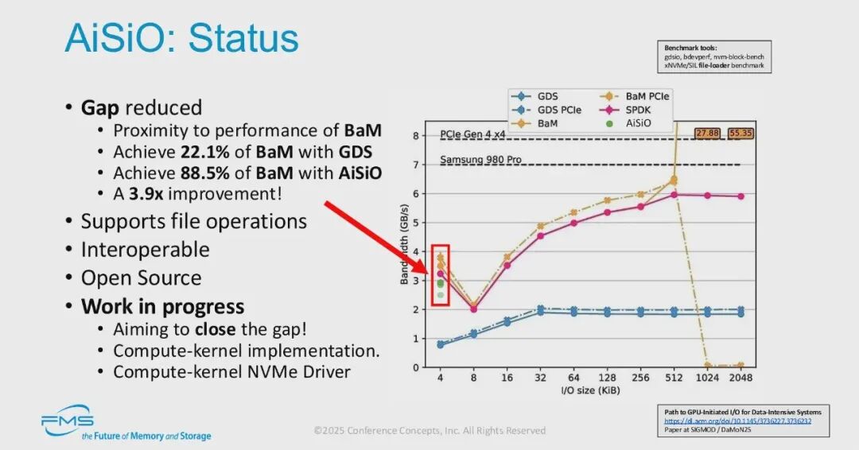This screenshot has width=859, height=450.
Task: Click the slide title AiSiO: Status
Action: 181,39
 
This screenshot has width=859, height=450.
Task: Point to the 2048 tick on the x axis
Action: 740,378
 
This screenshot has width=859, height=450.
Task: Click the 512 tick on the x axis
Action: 673,378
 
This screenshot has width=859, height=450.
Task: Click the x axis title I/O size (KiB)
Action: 589,391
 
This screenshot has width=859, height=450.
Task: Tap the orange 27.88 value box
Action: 707,133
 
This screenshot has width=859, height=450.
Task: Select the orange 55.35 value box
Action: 740,133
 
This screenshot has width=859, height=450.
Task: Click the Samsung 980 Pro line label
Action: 480,160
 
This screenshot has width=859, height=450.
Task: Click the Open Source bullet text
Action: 141,278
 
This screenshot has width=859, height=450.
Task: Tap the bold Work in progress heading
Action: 162,307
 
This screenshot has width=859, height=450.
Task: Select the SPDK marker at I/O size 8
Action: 473,308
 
